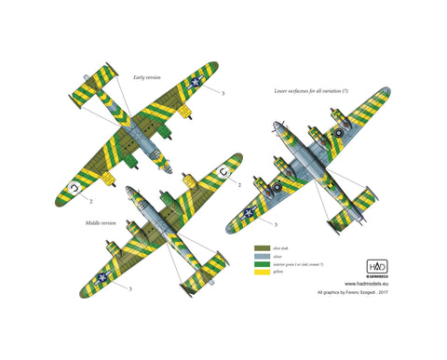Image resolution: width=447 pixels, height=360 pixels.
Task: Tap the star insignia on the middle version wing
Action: click(x=101, y=278)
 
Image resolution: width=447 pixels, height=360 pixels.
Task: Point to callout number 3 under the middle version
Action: click(x=129, y=289)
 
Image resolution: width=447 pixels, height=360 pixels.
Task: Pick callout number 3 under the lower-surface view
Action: click(x=274, y=225)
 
